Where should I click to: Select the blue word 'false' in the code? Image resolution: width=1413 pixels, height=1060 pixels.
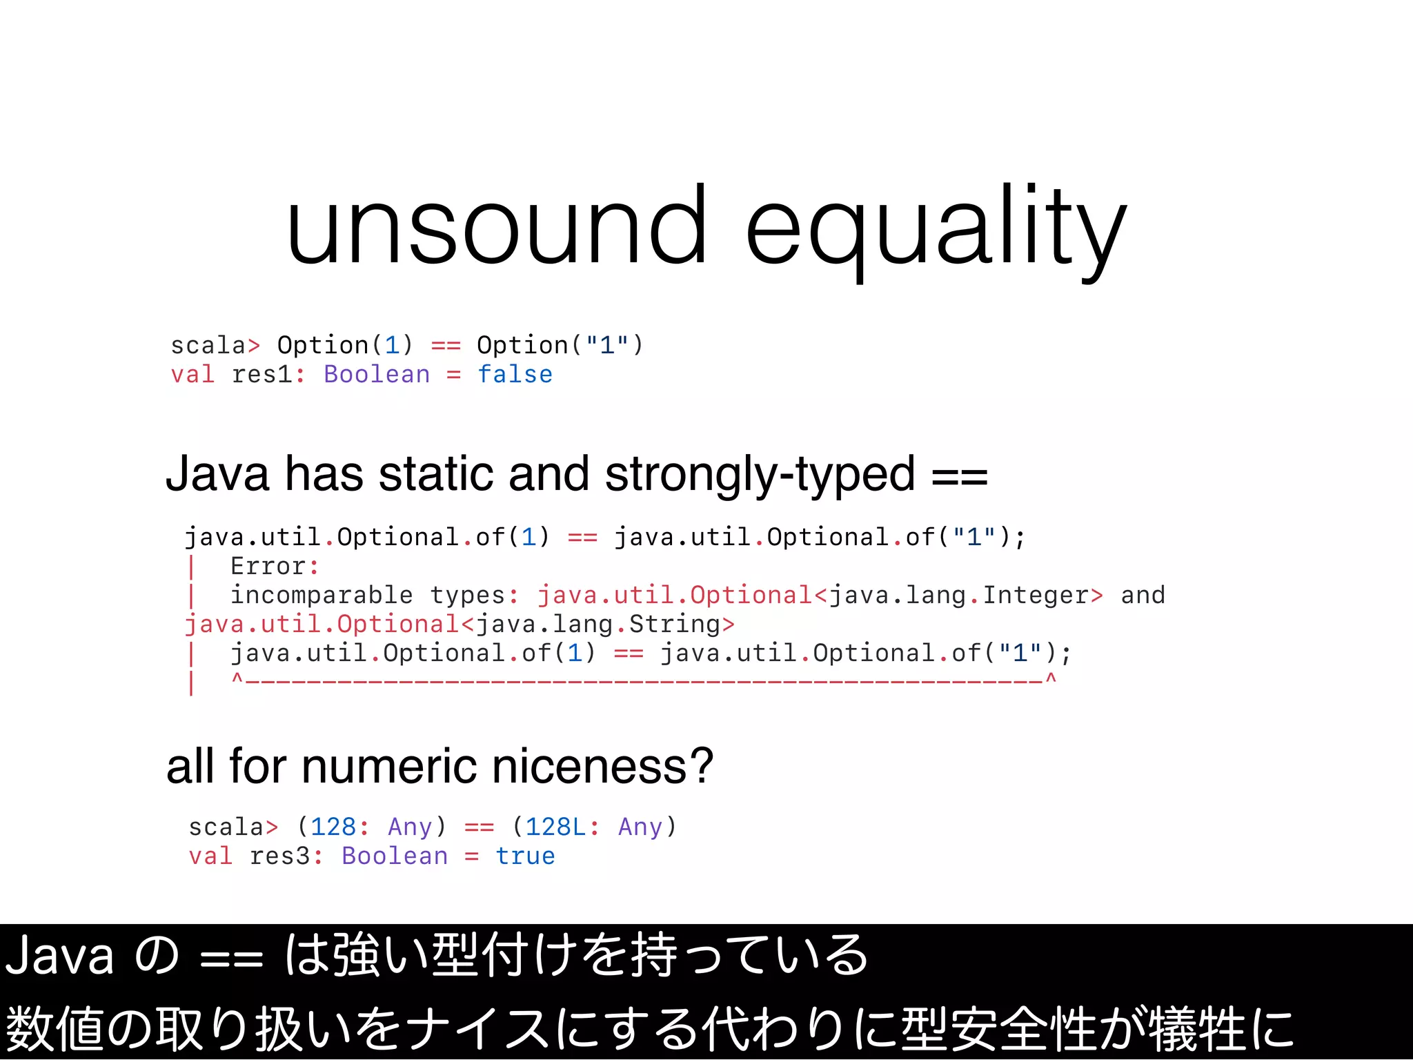pos(515,374)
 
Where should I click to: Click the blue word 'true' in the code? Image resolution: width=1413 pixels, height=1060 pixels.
pos(525,856)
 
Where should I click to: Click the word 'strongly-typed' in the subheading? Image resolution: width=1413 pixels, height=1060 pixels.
pos(760,475)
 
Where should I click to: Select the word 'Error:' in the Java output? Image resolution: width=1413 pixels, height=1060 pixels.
pos(274,566)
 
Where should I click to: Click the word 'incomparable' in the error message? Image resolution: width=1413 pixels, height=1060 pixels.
pos(321,595)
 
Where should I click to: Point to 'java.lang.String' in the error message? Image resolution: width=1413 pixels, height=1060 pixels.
pos(598,624)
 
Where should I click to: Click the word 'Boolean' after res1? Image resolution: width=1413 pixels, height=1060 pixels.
pos(377,374)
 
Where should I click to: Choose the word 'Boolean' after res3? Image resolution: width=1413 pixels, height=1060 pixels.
pos(395,856)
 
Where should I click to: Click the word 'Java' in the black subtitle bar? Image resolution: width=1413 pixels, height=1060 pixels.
pos(60,956)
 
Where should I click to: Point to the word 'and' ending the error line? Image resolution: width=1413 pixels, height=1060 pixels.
pos(1143,595)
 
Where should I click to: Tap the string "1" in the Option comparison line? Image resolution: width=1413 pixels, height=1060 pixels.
pos(607,345)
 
